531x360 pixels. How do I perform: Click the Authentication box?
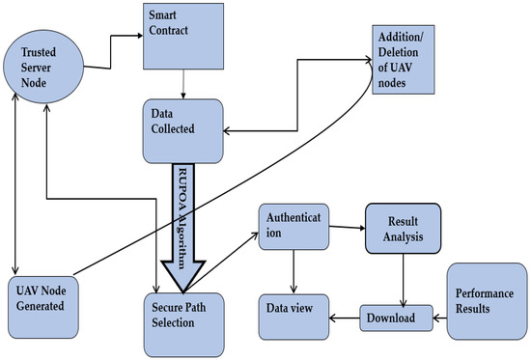point(294,232)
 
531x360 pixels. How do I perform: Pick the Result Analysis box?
point(401,230)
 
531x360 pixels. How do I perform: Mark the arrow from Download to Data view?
point(346,316)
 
